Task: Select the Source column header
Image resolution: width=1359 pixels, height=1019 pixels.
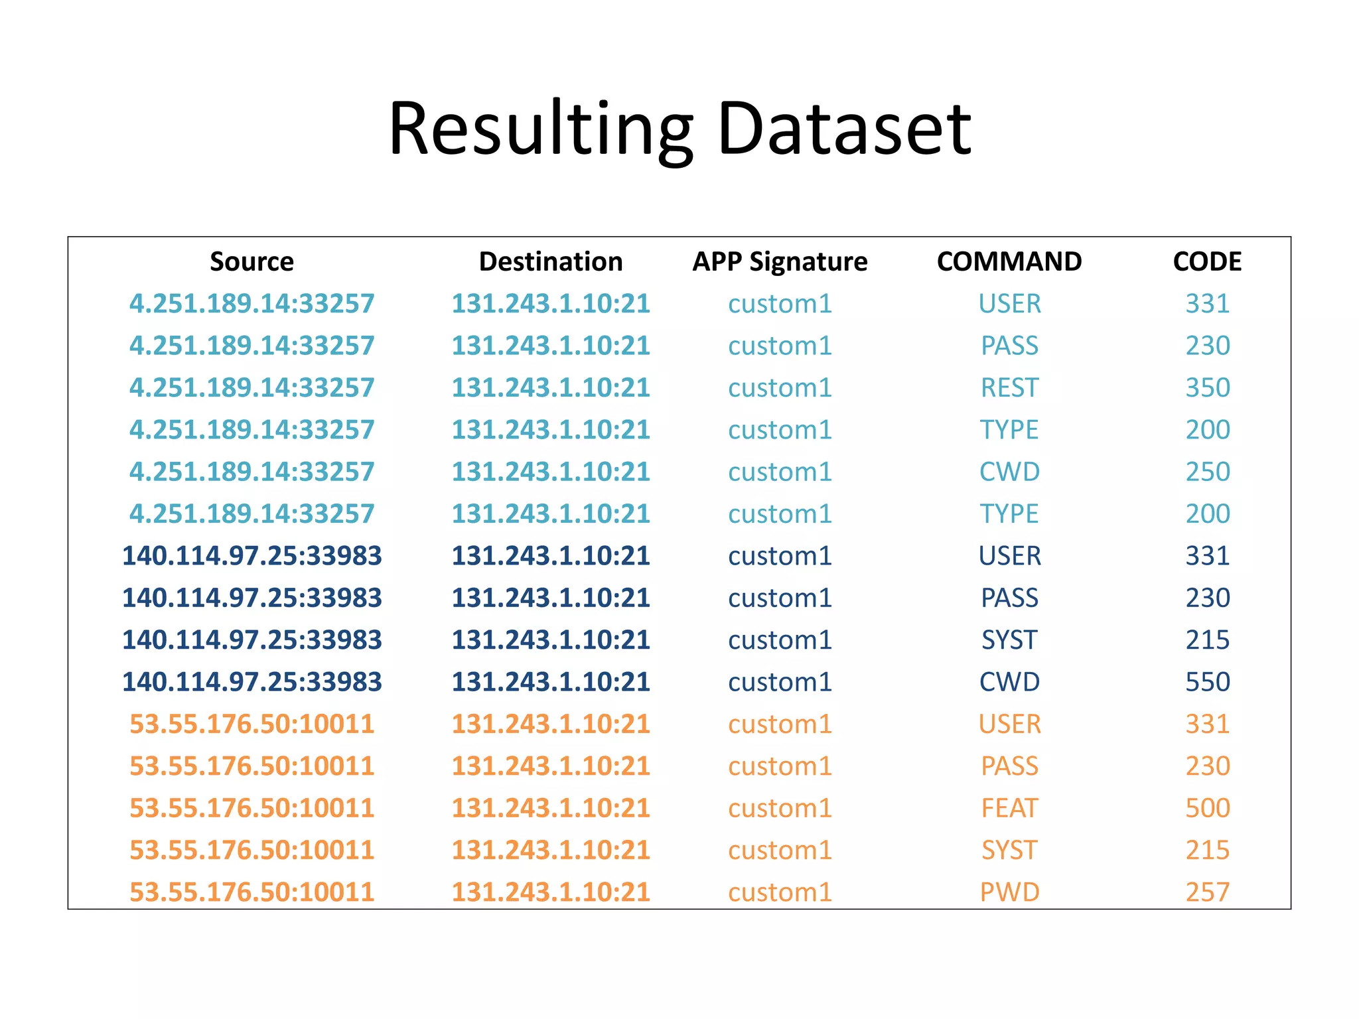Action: (x=251, y=261)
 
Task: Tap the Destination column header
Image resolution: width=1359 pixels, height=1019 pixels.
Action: (x=551, y=261)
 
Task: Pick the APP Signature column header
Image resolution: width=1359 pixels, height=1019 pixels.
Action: (x=780, y=261)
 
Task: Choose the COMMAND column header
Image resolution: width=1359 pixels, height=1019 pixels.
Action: (x=1009, y=261)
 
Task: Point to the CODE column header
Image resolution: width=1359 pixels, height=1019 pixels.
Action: (x=1207, y=261)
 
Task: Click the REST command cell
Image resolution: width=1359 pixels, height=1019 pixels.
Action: (x=1009, y=387)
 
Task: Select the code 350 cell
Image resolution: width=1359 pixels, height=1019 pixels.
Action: (x=1208, y=387)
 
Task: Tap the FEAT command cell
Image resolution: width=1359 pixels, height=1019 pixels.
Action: (x=1009, y=808)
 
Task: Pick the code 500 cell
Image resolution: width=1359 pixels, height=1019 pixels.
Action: (x=1208, y=808)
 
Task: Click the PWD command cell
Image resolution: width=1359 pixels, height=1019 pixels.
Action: (x=1009, y=892)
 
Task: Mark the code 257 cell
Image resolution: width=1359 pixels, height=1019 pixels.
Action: (x=1208, y=892)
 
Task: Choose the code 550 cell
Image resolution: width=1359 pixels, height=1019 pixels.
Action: (x=1208, y=682)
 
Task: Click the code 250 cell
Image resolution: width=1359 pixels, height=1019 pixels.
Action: (x=1208, y=472)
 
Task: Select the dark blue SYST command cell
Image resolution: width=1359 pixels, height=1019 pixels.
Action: (x=1009, y=640)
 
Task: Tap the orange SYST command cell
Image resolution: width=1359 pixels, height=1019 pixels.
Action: (x=1009, y=850)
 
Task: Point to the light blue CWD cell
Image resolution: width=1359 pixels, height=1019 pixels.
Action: (x=1009, y=472)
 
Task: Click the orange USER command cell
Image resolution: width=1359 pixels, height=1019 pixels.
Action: (x=1009, y=724)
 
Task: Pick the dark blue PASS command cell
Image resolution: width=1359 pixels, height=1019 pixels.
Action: (x=1009, y=598)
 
